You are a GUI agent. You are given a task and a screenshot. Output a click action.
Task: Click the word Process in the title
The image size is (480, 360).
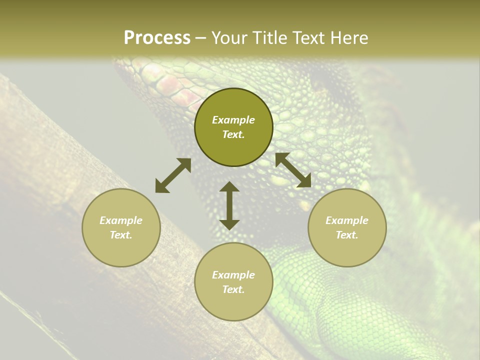[157, 38]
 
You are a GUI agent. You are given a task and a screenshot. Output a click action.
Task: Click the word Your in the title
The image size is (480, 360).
[230, 38]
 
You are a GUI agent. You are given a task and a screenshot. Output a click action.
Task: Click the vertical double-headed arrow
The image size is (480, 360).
[229, 205]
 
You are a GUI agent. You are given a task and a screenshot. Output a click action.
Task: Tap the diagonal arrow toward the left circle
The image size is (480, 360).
[173, 175]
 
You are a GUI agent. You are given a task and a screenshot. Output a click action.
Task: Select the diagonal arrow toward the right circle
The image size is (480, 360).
[293, 170]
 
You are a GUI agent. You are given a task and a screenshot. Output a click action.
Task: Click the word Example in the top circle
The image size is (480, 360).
[233, 120]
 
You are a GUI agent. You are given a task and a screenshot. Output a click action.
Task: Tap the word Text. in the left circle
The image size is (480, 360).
[121, 235]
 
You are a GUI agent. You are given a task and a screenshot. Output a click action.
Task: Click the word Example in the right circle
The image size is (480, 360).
[347, 220]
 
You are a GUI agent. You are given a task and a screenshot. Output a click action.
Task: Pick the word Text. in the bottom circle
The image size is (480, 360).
[233, 289]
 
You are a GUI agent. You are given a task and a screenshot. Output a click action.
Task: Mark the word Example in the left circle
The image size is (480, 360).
[121, 220]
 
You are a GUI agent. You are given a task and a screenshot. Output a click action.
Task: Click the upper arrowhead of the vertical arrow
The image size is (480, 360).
[229, 187]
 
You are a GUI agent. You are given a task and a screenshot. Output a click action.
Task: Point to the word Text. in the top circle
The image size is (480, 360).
[233, 134]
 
